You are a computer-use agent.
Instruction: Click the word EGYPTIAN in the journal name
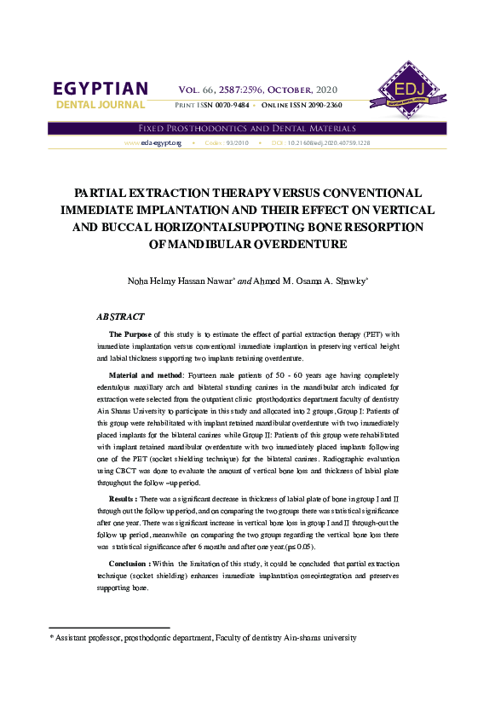coord(100,89)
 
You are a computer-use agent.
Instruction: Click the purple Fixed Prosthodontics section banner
coord(247,127)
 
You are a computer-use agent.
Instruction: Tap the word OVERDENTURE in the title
coord(296,244)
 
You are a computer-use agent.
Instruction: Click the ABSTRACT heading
coord(120,316)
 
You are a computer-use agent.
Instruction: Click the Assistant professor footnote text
coord(205,637)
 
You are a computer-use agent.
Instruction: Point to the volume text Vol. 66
coord(198,90)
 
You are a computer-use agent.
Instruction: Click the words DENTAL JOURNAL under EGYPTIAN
coord(100,105)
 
